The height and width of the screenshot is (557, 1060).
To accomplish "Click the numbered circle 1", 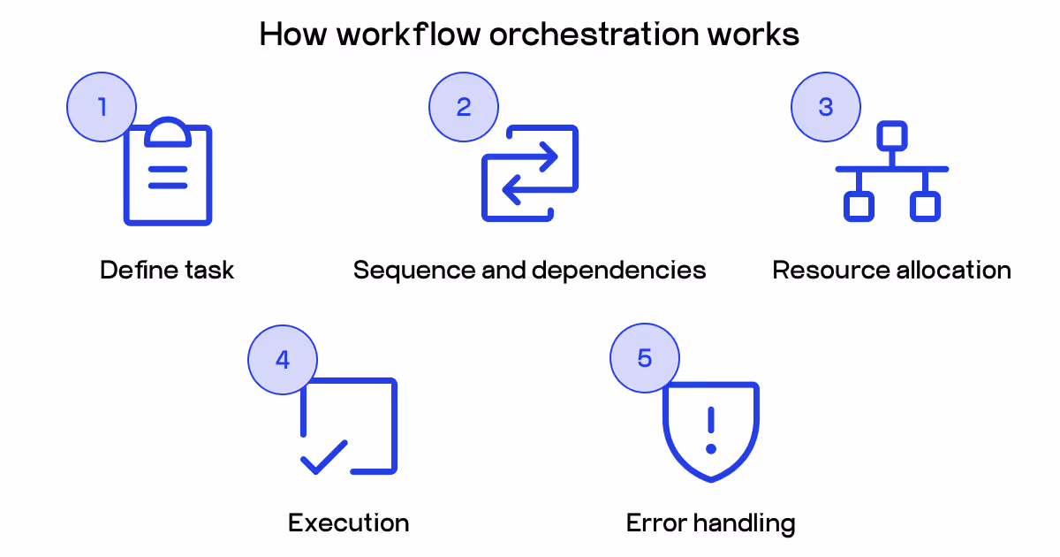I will (102, 107).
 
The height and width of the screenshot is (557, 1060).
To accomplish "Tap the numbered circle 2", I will (464, 107).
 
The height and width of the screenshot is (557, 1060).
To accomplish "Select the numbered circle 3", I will (826, 107).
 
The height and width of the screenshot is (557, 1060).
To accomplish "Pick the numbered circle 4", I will (283, 359).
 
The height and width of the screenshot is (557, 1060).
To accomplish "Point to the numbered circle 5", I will (645, 359).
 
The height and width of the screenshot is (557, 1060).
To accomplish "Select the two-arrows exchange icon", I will (530, 173).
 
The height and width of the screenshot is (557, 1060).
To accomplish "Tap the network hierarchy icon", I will (891, 172).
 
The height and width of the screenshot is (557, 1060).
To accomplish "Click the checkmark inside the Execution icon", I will (323, 456).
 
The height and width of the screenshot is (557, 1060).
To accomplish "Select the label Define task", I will (167, 270).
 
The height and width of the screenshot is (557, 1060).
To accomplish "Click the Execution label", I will (349, 523).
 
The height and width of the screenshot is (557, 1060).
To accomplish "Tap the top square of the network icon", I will (891, 136).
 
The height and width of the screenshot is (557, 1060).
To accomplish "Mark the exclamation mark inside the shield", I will (710, 430).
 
